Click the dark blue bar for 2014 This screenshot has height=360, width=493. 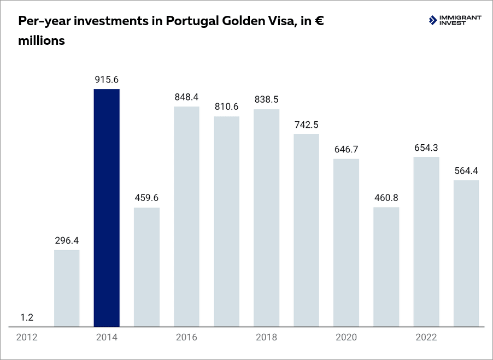point(107,208)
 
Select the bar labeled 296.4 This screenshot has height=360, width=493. point(67,288)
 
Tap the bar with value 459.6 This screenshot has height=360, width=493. point(146,267)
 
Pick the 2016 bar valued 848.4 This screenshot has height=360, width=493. point(186,216)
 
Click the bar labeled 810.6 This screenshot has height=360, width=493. point(226,221)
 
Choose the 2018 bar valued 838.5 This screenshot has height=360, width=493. point(266,217)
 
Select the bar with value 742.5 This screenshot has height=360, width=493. point(306,230)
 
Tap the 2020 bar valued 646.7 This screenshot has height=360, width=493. point(346,243)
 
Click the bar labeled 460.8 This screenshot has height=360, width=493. point(386,267)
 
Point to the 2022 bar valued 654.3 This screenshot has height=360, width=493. point(426,241)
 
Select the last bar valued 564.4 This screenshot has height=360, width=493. point(466,253)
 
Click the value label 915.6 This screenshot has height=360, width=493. point(107,80)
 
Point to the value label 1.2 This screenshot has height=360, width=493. point(27,317)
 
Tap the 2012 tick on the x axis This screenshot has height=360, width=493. point(27,337)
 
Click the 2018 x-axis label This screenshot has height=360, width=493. point(266,337)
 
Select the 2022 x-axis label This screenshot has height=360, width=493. point(426,337)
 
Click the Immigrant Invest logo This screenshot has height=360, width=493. point(455,21)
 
